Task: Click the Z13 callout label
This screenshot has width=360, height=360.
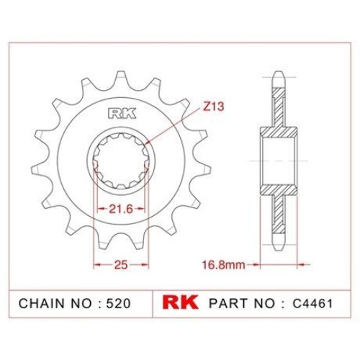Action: (213, 107)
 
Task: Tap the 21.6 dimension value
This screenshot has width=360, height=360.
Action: (121, 209)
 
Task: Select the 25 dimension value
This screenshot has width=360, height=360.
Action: (121, 265)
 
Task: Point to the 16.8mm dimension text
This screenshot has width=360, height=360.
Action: (224, 265)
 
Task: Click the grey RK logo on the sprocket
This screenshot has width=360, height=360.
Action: (122, 114)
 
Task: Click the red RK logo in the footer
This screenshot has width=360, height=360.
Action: (180, 302)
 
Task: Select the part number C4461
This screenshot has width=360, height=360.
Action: (312, 303)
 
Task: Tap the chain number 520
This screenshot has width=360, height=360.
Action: (119, 303)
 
